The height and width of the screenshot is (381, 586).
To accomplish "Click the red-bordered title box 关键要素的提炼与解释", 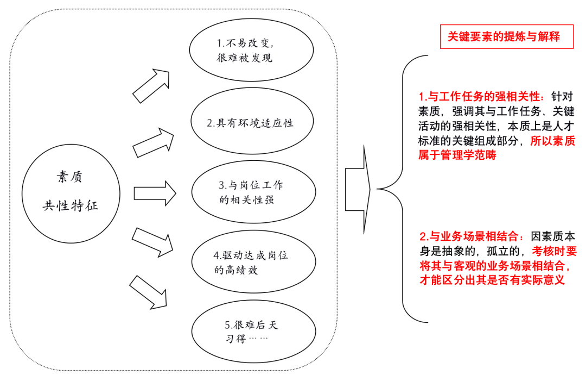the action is pyautogui.click(x=506, y=36).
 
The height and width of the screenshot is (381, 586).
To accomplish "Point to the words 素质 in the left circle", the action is pyautogui.click(x=69, y=177).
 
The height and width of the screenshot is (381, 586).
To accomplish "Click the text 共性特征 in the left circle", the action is pyautogui.click(x=70, y=205).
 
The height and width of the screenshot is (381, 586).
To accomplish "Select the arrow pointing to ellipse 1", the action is pyautogui.click(x=151, y=86).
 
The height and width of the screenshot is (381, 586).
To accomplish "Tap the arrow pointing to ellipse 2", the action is pyautogui.click(x=153, y=142).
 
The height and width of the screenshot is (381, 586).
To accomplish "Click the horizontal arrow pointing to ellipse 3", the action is pyautogui.click(x=155, y=193).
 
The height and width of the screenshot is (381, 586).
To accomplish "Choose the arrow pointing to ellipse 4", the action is pyautogui.click(x=152, y=242).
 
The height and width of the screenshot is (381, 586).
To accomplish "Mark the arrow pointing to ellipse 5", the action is pyautogui.click(x=148, y=292).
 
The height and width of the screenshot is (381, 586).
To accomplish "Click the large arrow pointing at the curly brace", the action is pyautogui.click(x=358, y=189).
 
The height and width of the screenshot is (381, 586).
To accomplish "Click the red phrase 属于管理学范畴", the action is pyautogui.click(x=457, y=155).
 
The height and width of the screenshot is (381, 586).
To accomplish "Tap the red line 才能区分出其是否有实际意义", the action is pyautogui.click(x=492, y=280).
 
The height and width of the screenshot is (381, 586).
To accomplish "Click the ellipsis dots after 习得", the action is pyautogui.click(x=258, y=339).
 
